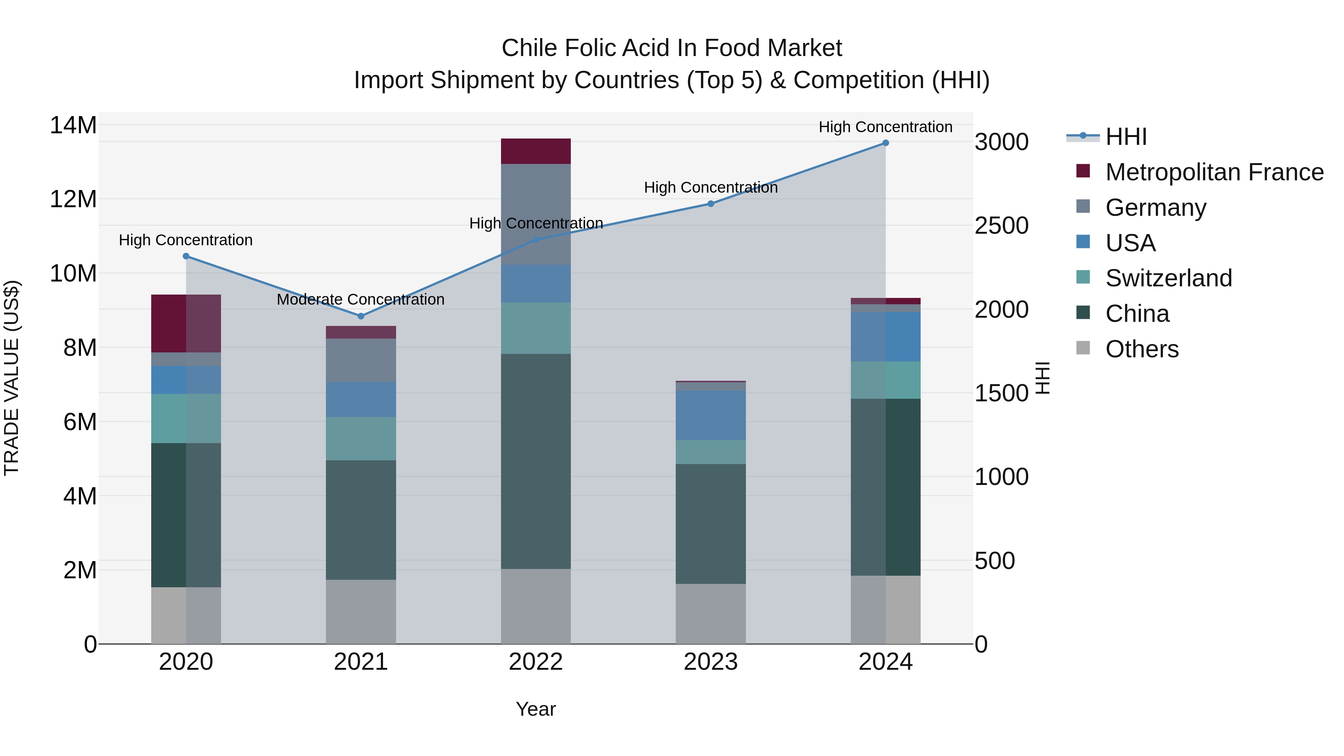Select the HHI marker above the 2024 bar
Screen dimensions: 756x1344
point(886,143)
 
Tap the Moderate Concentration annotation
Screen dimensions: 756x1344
point(361,299)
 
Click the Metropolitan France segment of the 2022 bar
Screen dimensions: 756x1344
point(536,151)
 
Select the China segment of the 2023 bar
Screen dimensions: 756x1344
point(710,523)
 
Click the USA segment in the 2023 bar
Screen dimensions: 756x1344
point(710,415)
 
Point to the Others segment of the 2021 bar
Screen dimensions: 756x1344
point(361,612)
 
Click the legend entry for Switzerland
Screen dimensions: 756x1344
point(1168,278)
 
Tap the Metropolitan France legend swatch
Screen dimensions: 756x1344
point(1083,171)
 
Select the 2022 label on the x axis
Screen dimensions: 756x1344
point(536,662)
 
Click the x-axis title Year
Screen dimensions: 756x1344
point(536,709)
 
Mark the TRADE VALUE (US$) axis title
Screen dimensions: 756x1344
point(12,378)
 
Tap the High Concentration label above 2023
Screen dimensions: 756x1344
point(710,187)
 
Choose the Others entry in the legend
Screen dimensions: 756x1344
point(1142,349)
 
